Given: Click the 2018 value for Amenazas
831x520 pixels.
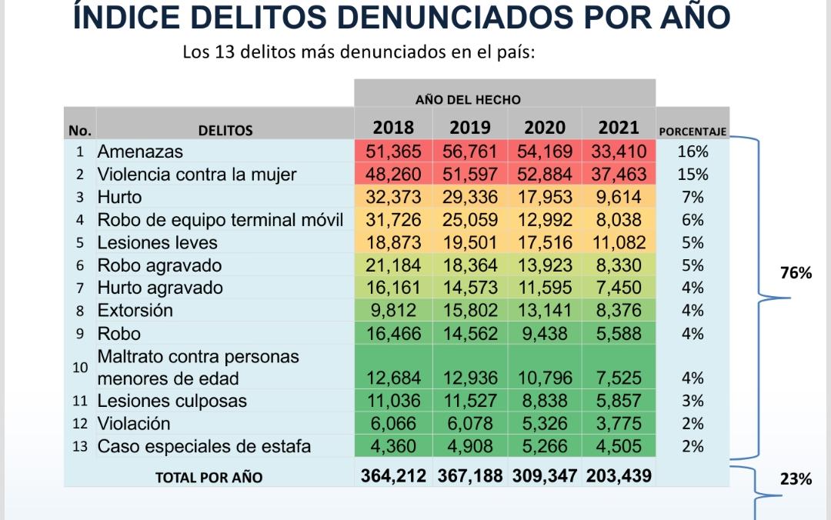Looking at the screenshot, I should click(x=393, y=152).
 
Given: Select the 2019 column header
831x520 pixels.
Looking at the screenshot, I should click(x=469, y=128).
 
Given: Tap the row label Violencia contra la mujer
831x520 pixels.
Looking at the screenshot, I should click(x=196, y=175).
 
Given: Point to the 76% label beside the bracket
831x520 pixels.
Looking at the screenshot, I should click(x=796, y=272).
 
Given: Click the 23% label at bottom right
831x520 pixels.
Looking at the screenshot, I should click(x=796, y=478).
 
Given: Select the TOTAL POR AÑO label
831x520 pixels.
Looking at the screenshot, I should click(x=209, y=478).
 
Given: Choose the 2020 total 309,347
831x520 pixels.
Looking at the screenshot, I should click(x=544, y=476).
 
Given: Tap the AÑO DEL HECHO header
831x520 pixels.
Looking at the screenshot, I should click(x=468, y=100).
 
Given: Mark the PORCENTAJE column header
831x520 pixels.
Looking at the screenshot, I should click(x=692, y=132).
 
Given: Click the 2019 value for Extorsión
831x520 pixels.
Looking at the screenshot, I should click(x=469, y=311).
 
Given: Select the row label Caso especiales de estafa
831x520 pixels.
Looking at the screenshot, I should click(x=204, y=447).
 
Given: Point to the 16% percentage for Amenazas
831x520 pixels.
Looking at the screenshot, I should click(x=692, y=152).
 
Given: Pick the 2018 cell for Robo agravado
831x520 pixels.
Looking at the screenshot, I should click(x=393, y=265).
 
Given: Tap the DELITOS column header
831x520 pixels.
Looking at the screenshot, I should click(x=225, y=131).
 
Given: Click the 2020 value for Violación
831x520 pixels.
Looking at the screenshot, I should click(x=544, y=424).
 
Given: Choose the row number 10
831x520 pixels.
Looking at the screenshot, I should click(x=80, y=368).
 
